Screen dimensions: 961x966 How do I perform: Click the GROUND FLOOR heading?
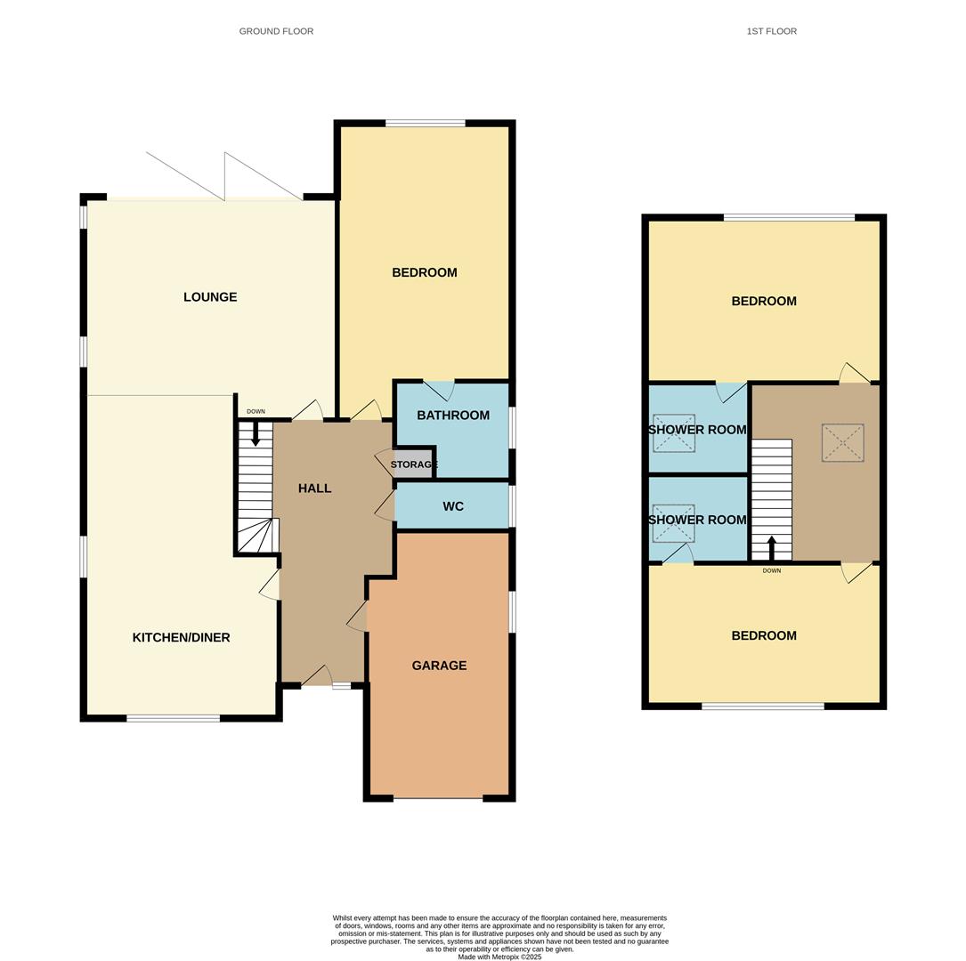click(x=276, y=31)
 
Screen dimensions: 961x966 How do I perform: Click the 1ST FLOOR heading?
click(x=771, y=31)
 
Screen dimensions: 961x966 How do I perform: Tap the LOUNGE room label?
click(x=210, y=297)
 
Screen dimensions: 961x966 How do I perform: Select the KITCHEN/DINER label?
click(x=181, y=637)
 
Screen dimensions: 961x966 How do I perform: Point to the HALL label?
click(x=314, y=489)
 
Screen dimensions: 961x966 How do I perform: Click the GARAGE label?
click(x=439, y=666)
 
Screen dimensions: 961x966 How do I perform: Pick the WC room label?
click(x=453, y=506)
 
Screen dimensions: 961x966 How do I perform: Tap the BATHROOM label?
click(x=453, y=416)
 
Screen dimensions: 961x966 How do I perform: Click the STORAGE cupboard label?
click(x=413, y=464)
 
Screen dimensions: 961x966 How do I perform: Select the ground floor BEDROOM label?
click(x=425, y=272)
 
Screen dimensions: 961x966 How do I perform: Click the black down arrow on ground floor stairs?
click(x=256, y=434)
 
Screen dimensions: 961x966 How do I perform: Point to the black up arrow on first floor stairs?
click(x=771, y=547)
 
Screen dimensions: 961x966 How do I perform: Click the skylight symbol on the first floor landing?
click(x=842, y=442)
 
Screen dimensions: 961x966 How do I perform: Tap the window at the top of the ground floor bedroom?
click(x=426, y=124)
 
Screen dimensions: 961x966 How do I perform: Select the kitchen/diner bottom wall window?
click(x=173, y=718)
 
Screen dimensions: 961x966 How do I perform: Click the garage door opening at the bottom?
click(x=438, y=798)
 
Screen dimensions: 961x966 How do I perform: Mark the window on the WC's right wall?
click(x=512, y=506)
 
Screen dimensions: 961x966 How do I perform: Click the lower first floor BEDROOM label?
click(x=764, y=635)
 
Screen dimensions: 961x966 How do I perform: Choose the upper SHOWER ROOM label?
click(x=697, y=430)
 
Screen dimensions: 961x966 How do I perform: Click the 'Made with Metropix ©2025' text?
click(x=499, y=957)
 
